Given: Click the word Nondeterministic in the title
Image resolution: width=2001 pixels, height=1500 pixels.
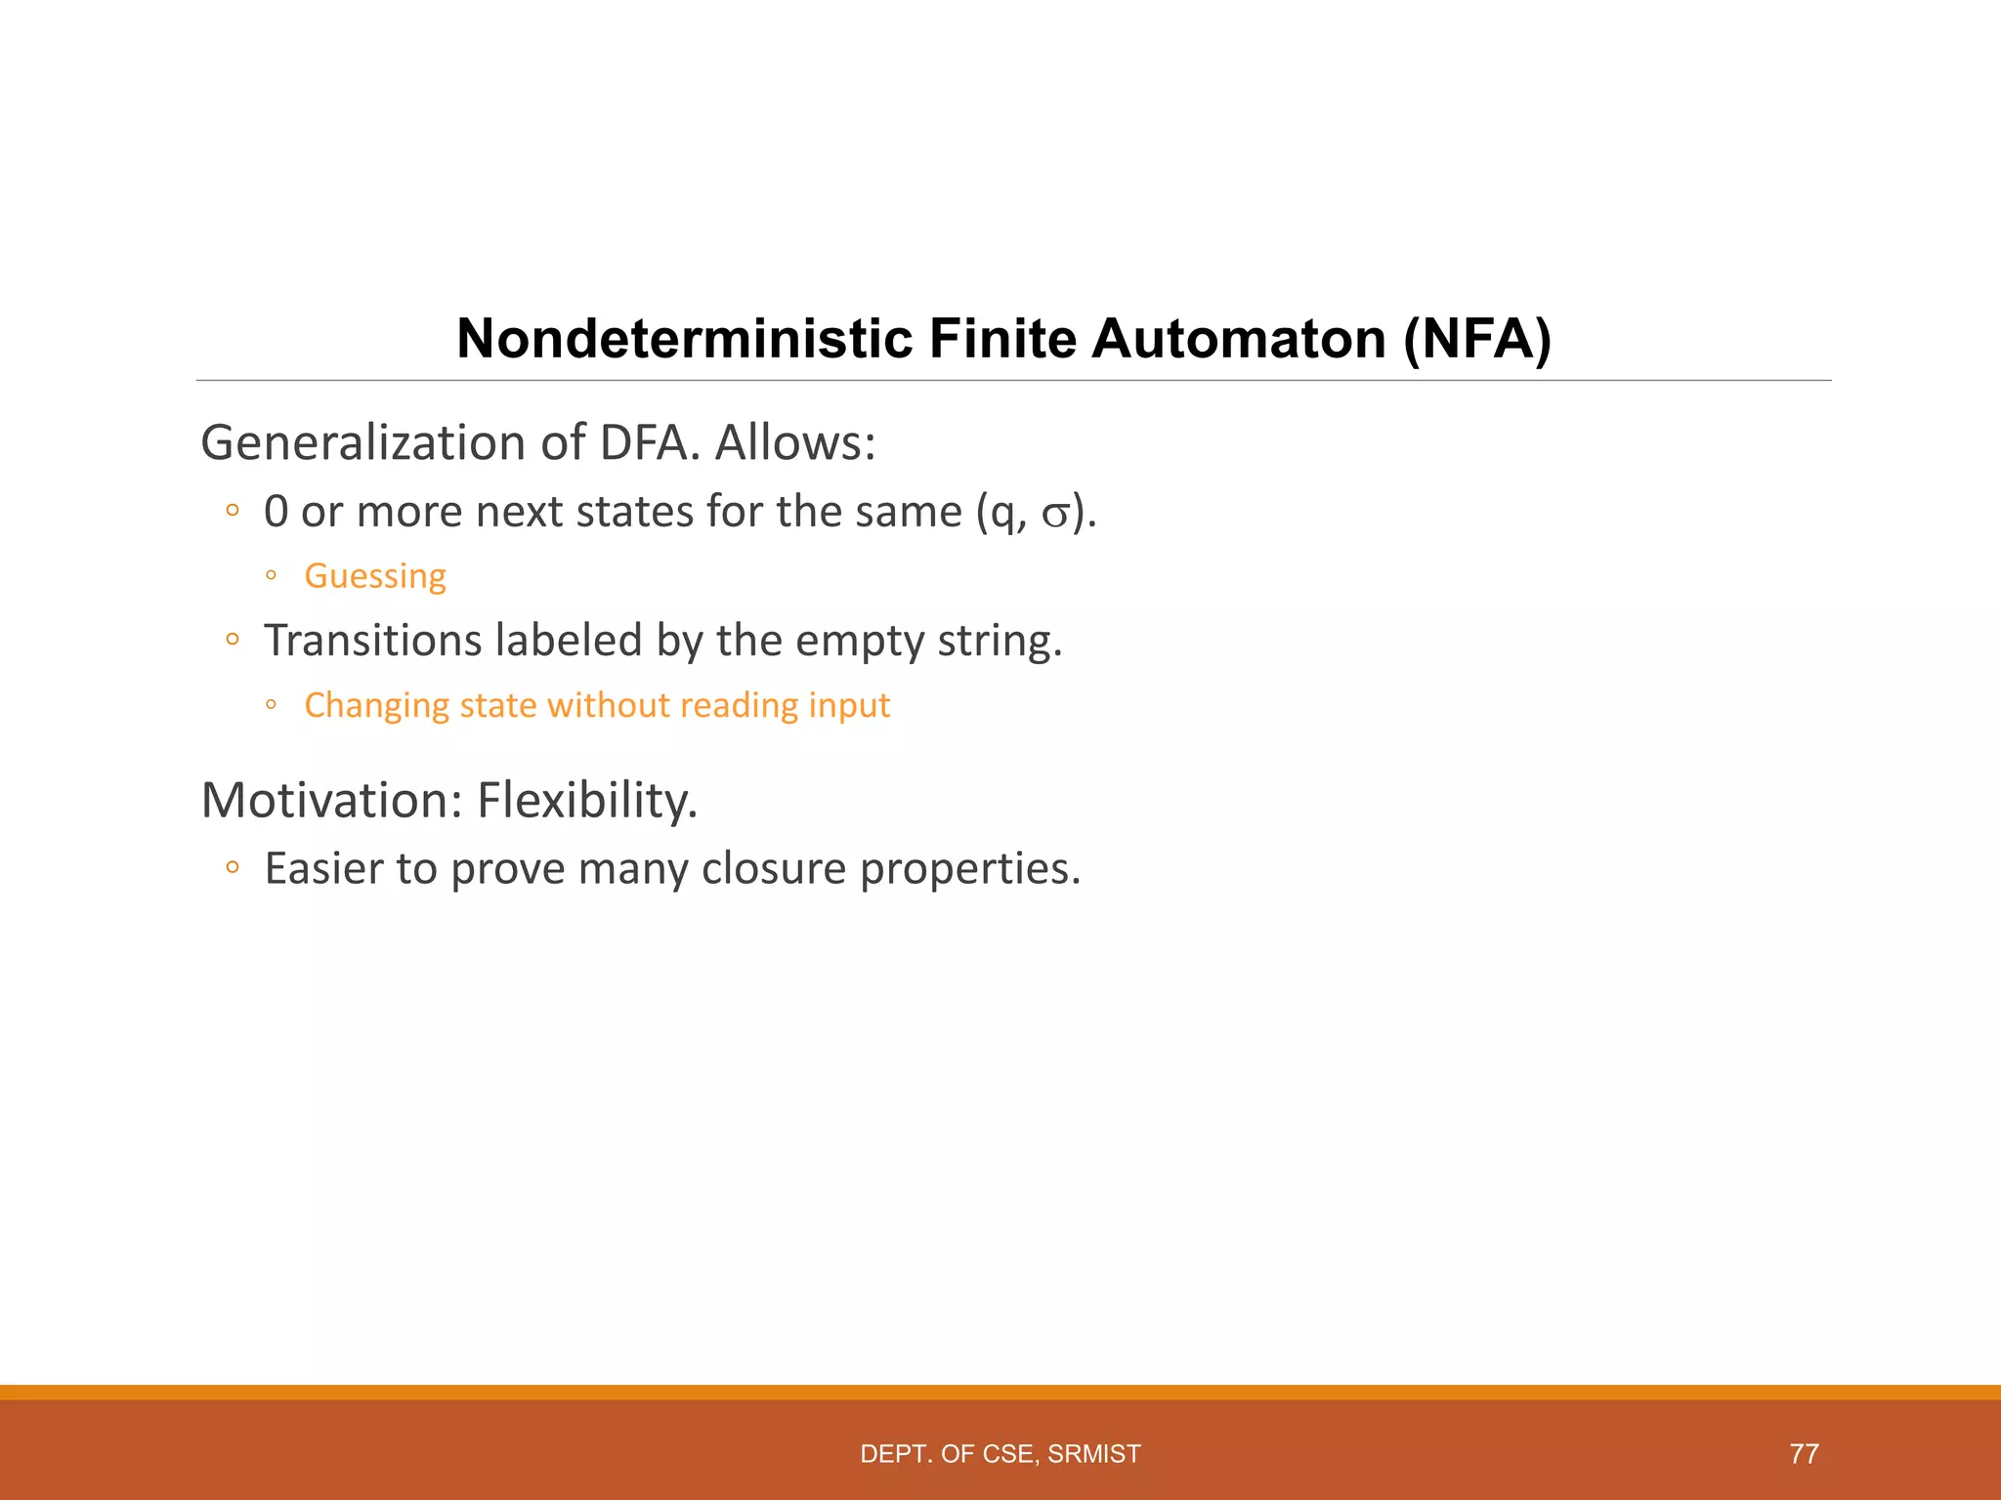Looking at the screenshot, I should tap(683, 339).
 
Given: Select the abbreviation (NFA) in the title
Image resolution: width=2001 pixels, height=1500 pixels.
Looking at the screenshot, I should tap(1477, 339).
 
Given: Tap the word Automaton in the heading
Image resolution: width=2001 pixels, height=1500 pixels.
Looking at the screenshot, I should tap(1239, 339).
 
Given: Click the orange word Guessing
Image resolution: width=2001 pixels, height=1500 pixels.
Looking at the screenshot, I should tap(375, 575).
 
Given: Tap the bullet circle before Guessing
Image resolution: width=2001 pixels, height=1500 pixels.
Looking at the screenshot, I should tap(272, 576).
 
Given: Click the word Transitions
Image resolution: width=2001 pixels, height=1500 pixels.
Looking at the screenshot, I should tap(372, 641).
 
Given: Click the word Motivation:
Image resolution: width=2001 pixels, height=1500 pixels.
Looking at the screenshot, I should tap(331, 800).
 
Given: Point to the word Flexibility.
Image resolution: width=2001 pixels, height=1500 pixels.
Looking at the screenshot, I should tap(587, 800).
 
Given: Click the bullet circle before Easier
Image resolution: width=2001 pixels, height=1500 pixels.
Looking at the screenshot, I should tap(232, 868).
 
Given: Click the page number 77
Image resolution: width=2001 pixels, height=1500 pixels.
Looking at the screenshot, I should tap(1804, 1454).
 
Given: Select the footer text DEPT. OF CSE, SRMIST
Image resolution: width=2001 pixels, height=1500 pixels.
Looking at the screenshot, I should tap(1000, 1454).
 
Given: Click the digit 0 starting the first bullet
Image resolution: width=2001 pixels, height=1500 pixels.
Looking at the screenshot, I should tap(277, 512).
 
